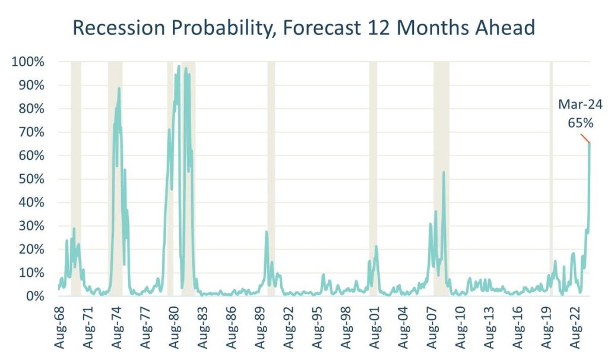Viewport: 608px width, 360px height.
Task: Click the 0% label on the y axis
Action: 41,296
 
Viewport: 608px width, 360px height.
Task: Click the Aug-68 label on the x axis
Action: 59,324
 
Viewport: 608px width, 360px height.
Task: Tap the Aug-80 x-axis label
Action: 173,324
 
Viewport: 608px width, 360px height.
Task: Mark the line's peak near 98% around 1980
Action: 179,66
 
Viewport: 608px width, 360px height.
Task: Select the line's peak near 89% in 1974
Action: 119,88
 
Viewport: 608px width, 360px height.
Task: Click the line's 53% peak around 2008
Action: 444,172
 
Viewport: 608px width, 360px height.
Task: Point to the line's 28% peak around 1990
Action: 267,232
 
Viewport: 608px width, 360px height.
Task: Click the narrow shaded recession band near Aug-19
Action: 551,178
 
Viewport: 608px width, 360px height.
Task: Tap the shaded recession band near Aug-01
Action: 373,178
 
